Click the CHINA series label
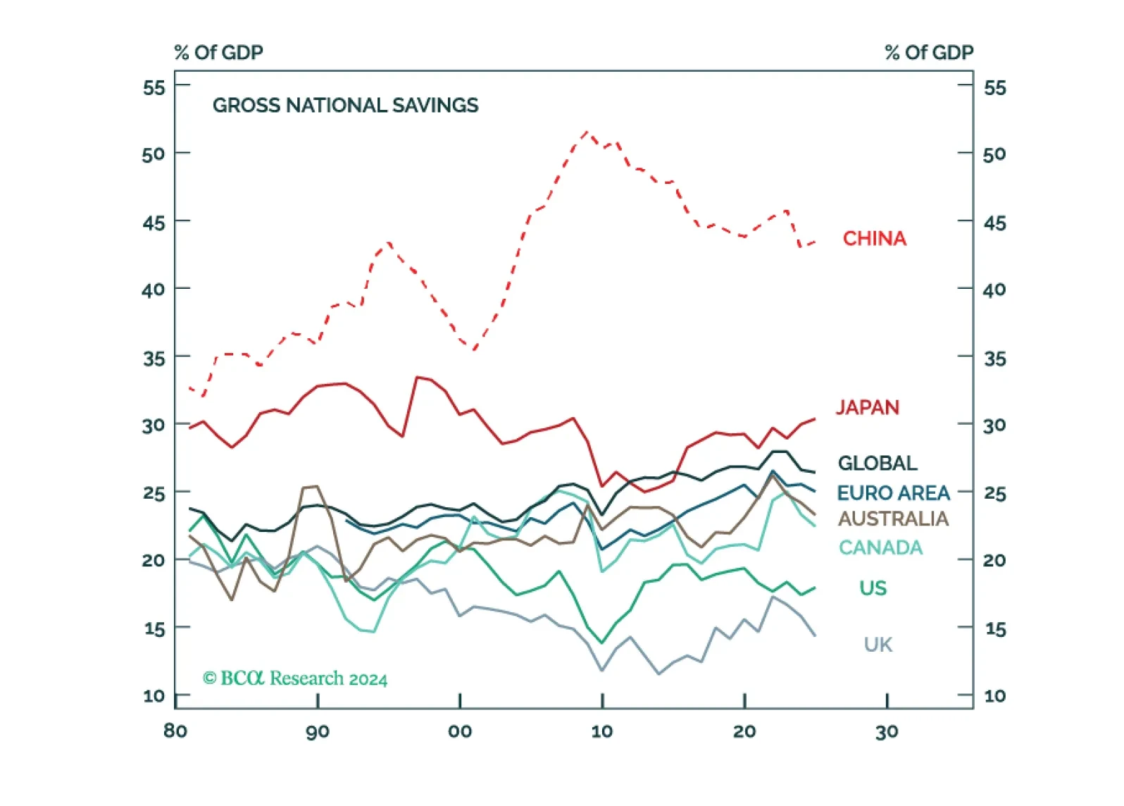coord(875,238)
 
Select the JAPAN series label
coord(868,407)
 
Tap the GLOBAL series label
coord(878,463)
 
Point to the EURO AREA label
coord(894,493)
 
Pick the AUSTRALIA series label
coord(894,519)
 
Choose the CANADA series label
coord(880,547)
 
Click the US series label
coord(873,588)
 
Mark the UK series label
coord(878,645)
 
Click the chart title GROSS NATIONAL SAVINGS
coord(346,106)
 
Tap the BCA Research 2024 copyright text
coord(295,678)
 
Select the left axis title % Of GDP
coord(219,52)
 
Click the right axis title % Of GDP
coord(930,52)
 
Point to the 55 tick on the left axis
coord(154,88)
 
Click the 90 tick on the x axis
coord(318,732)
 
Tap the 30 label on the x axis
coord(887,732)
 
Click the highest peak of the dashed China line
coord(587,132)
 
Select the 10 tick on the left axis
coord(154,696)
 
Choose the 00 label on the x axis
coord(460,732)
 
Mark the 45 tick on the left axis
coord(154,223)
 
